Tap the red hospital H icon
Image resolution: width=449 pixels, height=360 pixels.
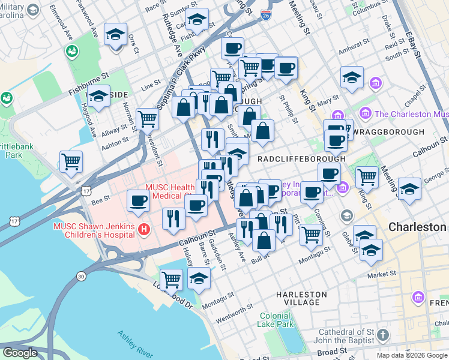point(143,229)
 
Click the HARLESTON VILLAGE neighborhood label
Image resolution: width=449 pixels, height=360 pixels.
point(301,298)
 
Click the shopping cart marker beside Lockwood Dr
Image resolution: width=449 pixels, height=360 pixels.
point(172,279)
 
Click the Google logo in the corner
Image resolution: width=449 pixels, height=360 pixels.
point(20,353)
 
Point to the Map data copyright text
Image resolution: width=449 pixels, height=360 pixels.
point(412,355)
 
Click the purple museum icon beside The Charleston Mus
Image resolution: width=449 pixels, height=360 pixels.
point(364,113)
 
